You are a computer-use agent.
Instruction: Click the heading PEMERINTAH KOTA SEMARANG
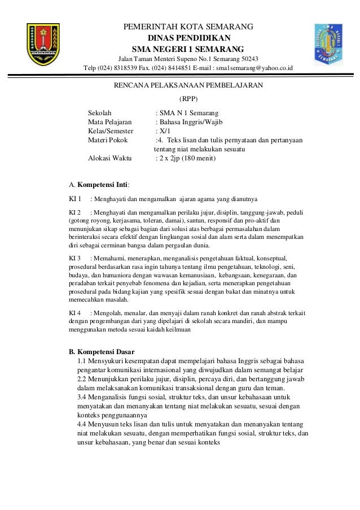188,27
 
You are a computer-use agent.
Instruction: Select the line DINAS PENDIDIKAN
188,37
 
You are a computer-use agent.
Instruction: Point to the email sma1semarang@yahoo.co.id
251,69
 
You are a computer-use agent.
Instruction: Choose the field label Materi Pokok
108,141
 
